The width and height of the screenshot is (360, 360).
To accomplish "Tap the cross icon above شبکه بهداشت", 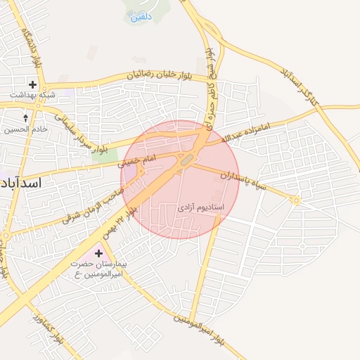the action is [32, 84].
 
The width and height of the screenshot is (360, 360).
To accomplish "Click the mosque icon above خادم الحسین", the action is [27, 118].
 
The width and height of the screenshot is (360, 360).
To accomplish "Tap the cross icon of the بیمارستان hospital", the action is [98, 253].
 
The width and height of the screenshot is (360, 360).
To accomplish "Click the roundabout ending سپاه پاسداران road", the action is [297, 200].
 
